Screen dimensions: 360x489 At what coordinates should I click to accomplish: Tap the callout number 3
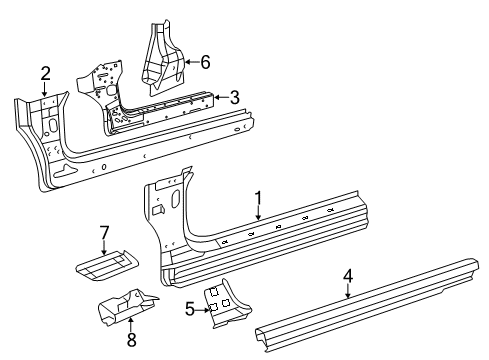234,97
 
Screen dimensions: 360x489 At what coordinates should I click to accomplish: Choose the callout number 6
205,61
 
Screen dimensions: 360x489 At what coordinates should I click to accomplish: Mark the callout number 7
103,233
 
